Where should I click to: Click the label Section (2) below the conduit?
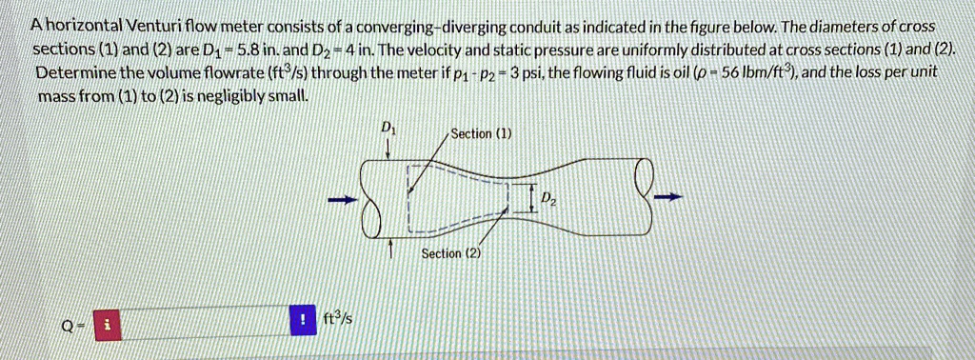coord(451,254)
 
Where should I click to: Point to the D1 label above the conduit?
coord(387,128)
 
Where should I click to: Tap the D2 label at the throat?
coord(547,198)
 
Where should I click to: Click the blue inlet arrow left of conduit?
coord(337,200)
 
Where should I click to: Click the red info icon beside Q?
coord(109,325)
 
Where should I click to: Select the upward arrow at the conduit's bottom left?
coord(391,248)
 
